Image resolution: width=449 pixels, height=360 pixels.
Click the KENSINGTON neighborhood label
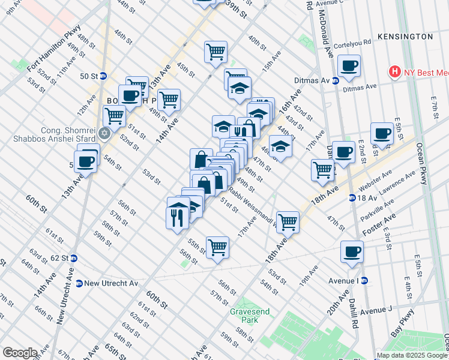pos(405,37)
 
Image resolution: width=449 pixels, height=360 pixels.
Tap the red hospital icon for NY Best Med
pos(394,73)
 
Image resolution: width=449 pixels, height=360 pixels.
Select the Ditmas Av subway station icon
pos(335,80)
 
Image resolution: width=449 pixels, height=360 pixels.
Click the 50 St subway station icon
pos(103,76)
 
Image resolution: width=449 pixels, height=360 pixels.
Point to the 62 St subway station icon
pos(74,258)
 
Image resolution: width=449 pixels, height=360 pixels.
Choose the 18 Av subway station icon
pos(352,198)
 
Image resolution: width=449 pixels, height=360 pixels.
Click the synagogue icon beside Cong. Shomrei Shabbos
pos(104,133)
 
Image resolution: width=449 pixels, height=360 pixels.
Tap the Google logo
pos(20,353)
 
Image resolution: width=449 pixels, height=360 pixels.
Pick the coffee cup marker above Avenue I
pos(352,251)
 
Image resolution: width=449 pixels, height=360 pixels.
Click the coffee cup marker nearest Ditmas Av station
pos(348,65)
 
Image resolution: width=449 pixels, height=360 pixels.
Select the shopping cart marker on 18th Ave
pos(288,221)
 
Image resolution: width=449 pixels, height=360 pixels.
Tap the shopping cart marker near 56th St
pos(217,247)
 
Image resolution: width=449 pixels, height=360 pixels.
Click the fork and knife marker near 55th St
pos(176,217)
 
